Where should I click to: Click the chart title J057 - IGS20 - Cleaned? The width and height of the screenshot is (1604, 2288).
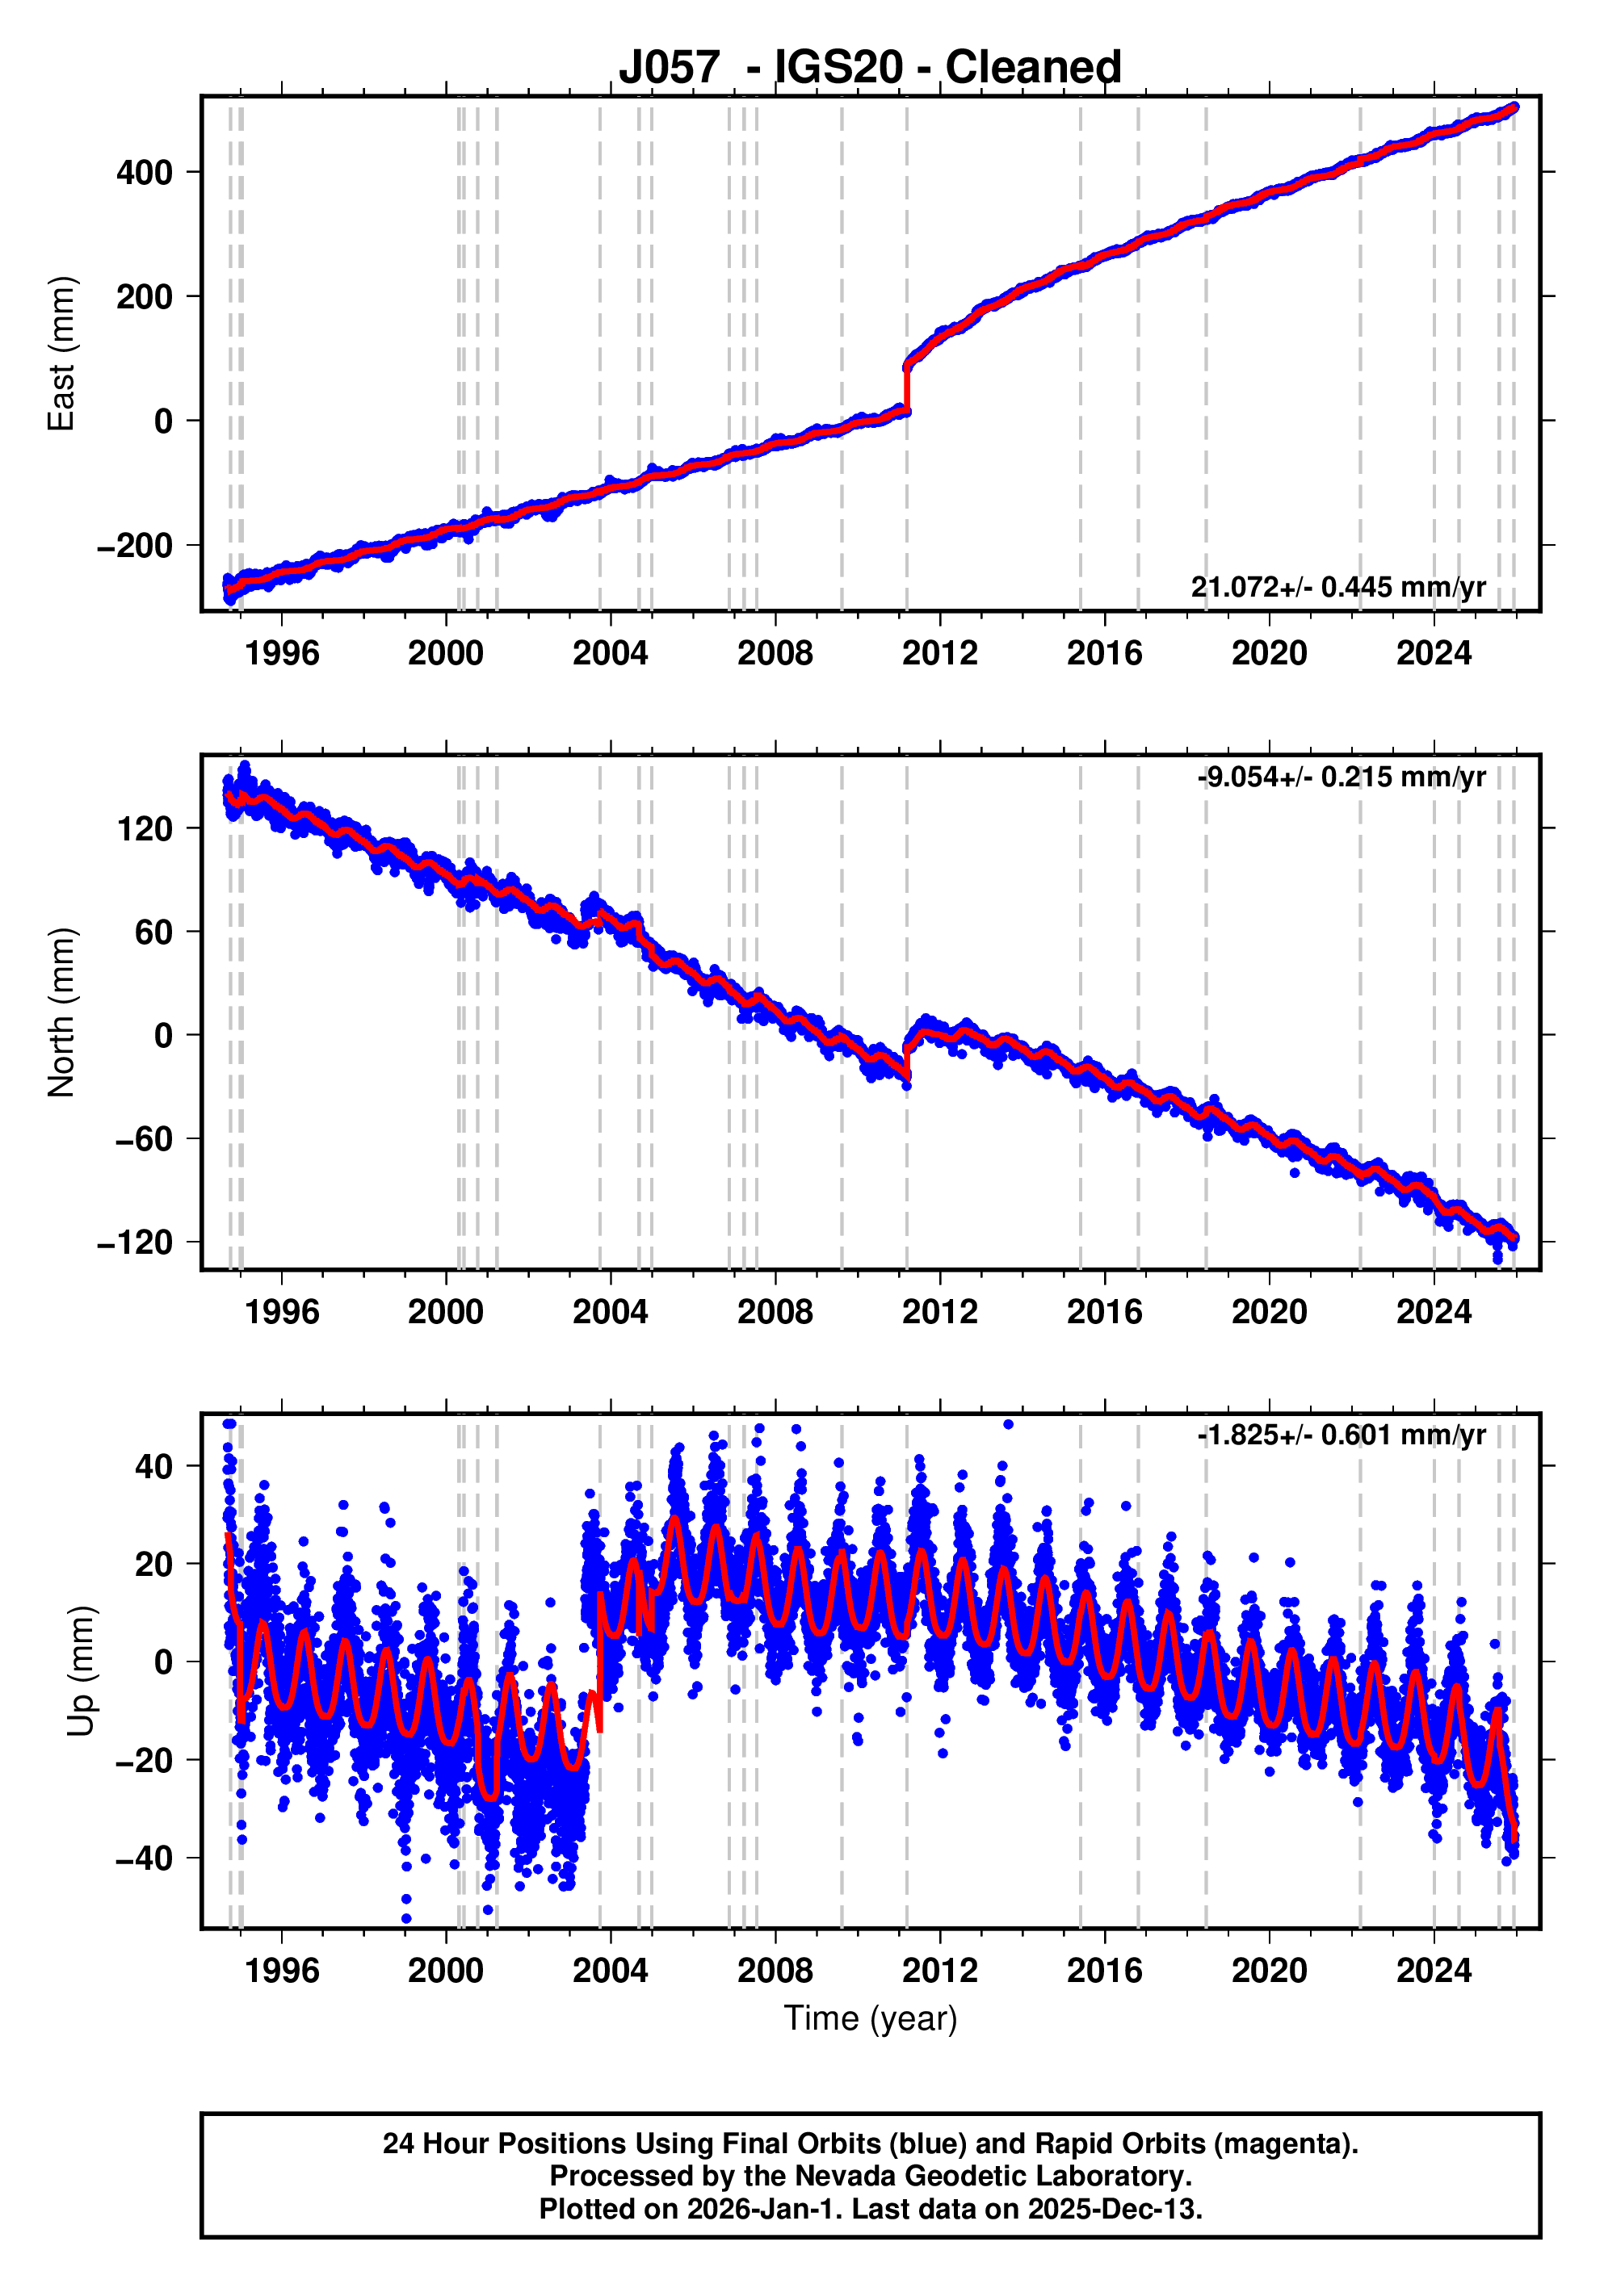click(x=869, y=67)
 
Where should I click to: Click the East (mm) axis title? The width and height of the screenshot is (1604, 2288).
click(x=62, y=354)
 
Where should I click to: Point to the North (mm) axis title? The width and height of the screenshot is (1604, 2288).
click(x=62, y=1012)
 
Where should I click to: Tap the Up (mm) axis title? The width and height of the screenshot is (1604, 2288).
click(x=82, y=1671)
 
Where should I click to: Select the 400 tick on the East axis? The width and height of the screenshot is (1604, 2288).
click(x=145, y=174)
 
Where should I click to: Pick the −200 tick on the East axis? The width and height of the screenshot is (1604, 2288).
click(x=135, y=546)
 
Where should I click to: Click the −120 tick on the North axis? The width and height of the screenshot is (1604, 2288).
click(x=135, y=1242)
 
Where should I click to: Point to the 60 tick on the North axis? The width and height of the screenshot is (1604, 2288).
click(x=153, y=932)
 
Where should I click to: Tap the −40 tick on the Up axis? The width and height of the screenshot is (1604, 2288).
click(x=144, y=1858)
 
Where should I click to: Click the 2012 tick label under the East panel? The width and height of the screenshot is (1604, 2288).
click(x=939, y=654)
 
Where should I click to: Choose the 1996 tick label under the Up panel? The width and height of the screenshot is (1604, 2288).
click(x=281, y=1971)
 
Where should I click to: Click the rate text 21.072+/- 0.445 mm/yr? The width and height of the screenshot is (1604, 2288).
click(x=1337, y=587)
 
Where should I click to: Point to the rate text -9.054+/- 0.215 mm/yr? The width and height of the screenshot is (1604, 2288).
click(x=1341, y=777)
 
